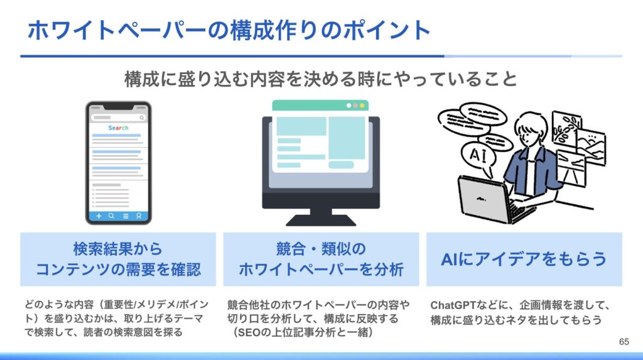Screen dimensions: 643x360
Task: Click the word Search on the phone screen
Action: (118, 128)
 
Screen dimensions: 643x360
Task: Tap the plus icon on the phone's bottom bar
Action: (99, 216)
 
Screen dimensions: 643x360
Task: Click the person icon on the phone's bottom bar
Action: (139, 216)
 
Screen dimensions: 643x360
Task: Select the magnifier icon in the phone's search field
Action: (141, 118)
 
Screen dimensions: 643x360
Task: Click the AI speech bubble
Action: (478, 155)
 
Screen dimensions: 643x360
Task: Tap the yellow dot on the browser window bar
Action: (362, 106)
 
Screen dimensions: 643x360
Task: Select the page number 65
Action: (624, 342)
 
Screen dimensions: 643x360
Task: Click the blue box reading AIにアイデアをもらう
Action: (524, 259)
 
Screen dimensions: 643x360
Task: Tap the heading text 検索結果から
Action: (118, 249)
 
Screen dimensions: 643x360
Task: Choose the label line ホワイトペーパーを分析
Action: (321, 270)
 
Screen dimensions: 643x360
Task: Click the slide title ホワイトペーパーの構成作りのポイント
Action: (229, 30)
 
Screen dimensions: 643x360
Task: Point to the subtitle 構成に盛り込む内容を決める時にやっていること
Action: (321, 79)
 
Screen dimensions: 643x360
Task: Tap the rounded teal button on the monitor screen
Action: (341, 165)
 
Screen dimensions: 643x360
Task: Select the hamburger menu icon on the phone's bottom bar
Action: (126, 216)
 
